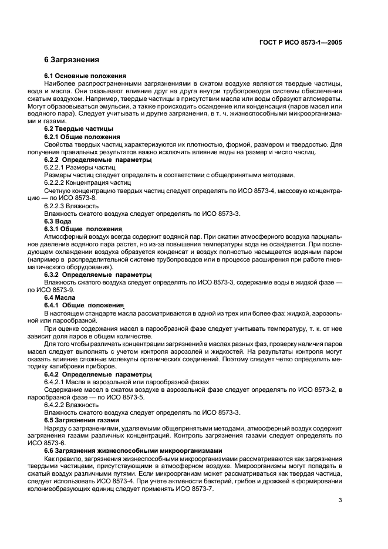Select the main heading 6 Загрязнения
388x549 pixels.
click(72, 60)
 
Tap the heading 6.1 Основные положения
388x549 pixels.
click(86, 76)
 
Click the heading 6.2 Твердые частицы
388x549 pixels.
click(79, 128)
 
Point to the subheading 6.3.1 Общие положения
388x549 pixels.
click(83, 229)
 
